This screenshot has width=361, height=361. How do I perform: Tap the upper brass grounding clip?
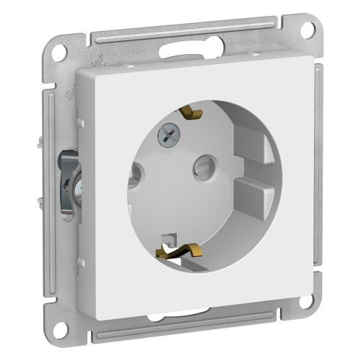coord(191,114)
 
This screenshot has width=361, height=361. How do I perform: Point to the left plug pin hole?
coord(134,173)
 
